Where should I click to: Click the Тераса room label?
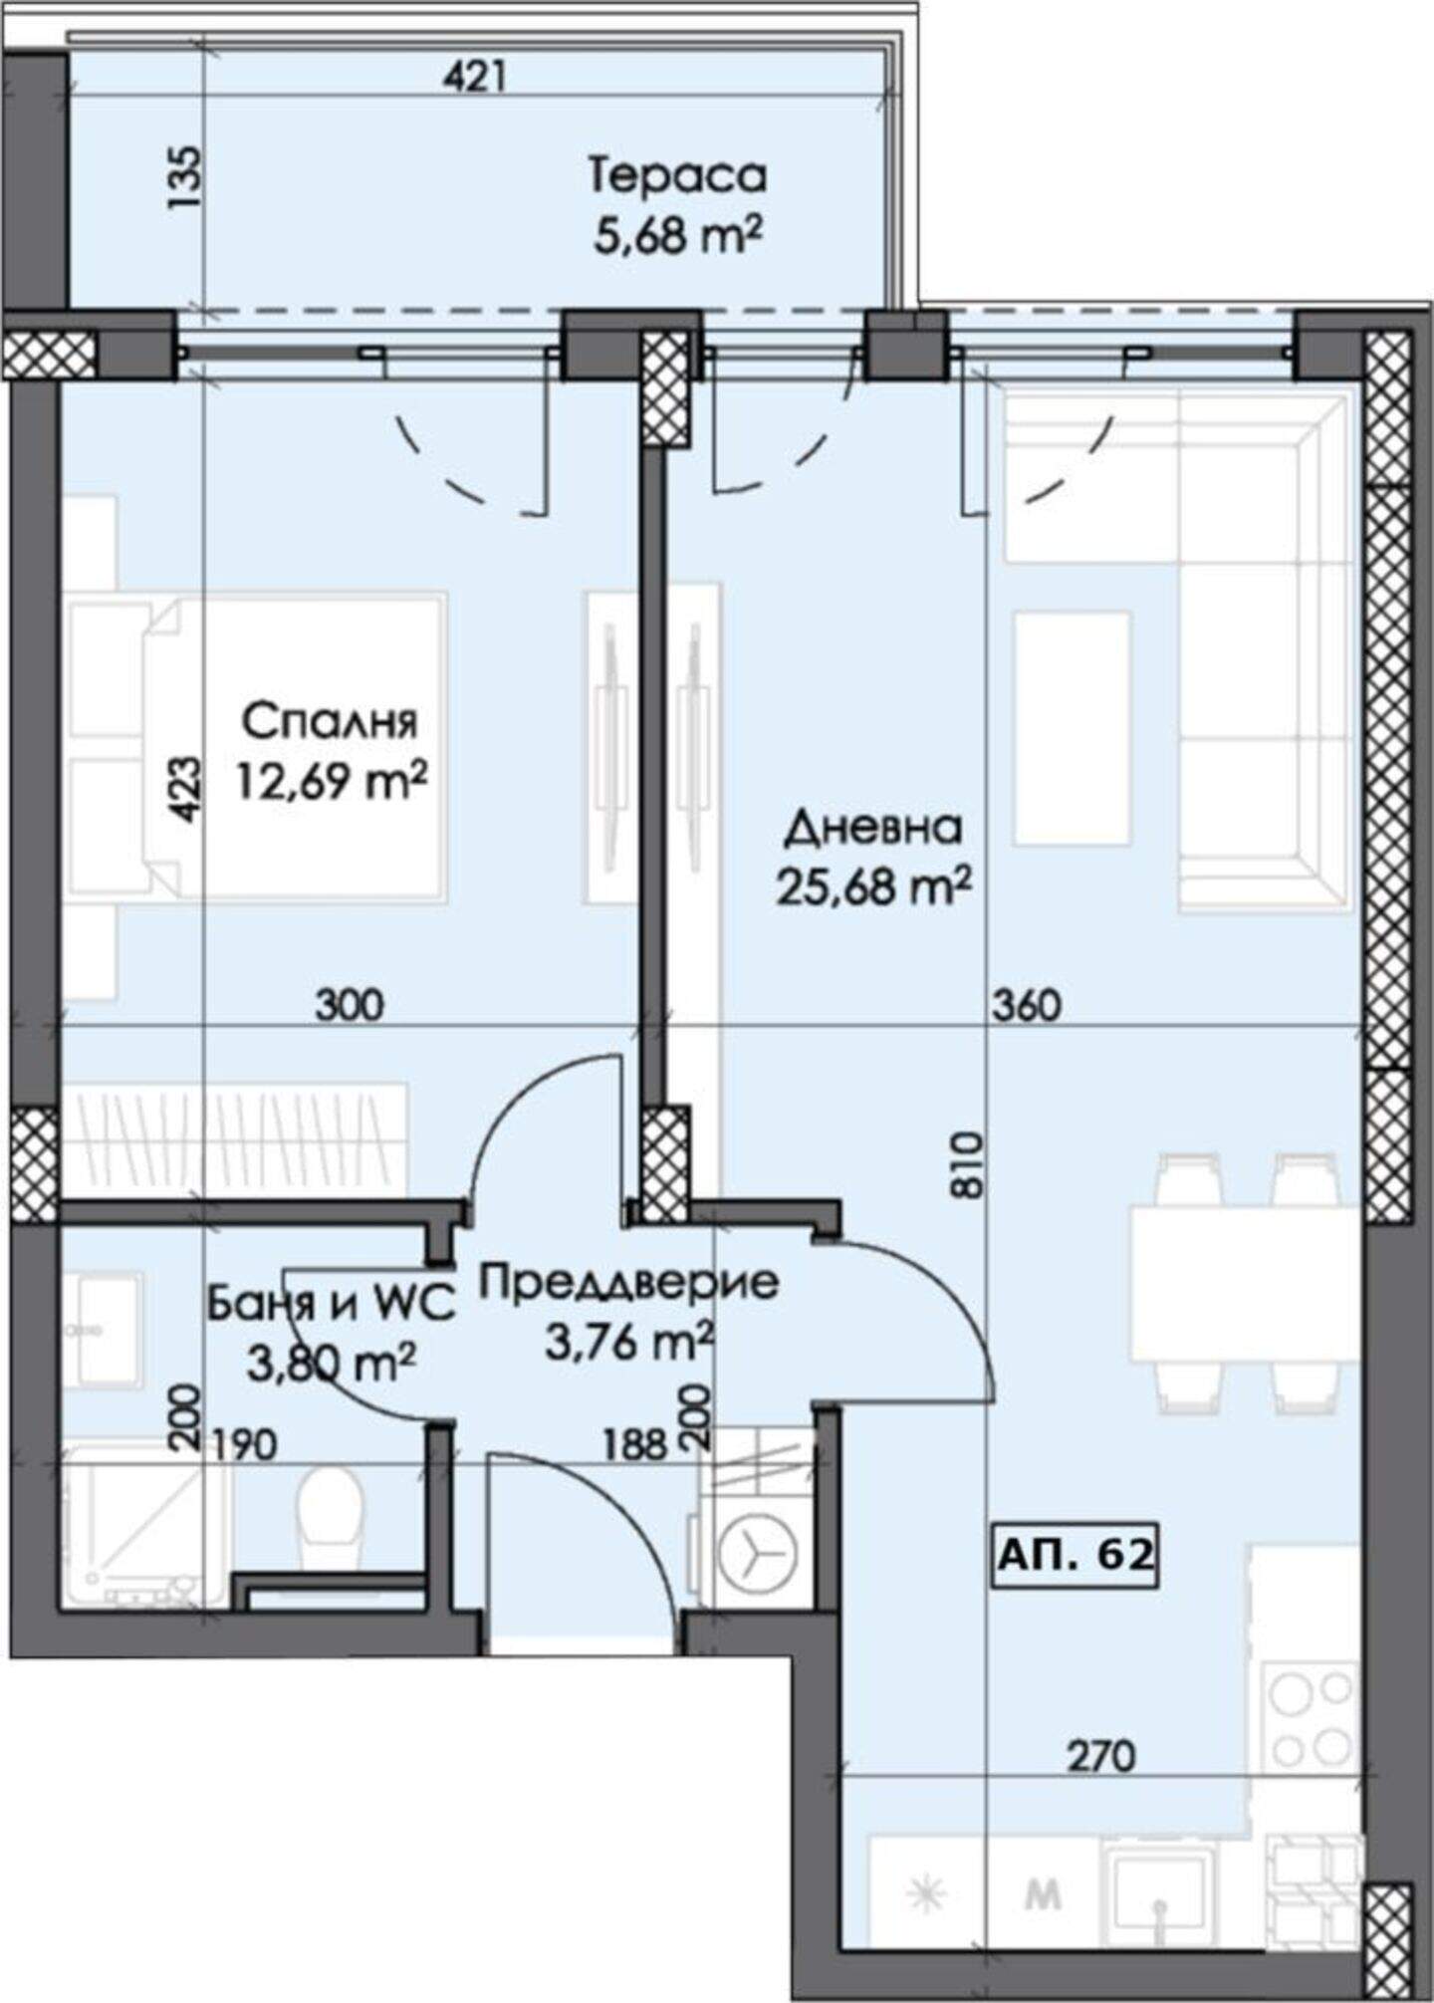tap(678, 176)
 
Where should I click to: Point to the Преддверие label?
tap(629, 1283)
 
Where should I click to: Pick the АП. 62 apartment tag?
tap(1075, 1553)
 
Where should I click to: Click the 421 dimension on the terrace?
tap(474, 77)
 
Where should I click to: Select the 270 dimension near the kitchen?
tap(1101, 1755)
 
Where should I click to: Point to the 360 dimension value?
tap(1027, 1006)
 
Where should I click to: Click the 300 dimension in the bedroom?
tap(349, 1006)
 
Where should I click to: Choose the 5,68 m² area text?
tap(678, 239)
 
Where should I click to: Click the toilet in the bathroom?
tap(329, 1513)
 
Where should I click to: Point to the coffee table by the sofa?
tap(1073, 727)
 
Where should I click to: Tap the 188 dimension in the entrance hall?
tap(632, 1444)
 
